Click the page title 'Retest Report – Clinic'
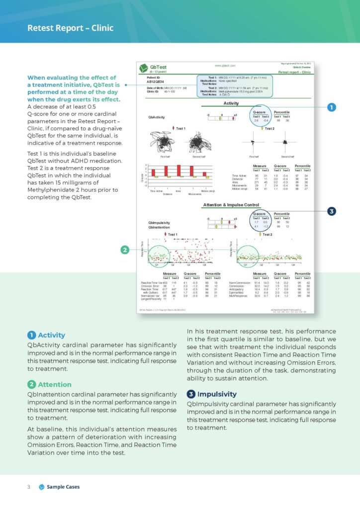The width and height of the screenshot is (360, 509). tap(70, 28)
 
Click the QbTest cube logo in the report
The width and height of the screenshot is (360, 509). tap(144, 68)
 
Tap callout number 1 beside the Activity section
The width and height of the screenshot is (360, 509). tap(331, 107)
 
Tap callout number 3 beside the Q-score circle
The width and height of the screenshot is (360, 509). tap(331, 211)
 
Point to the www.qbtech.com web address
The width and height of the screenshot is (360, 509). tap(225, 66)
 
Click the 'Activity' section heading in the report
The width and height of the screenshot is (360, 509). tap(231, 103)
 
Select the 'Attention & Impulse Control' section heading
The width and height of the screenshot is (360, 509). tap(231, 205)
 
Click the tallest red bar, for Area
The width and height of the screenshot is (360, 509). tap(179, 170)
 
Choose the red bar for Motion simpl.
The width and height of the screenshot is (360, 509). tap(204, 174)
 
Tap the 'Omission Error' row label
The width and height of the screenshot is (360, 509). tap(150, 286)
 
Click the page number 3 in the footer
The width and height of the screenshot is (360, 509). tap(29, 487)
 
